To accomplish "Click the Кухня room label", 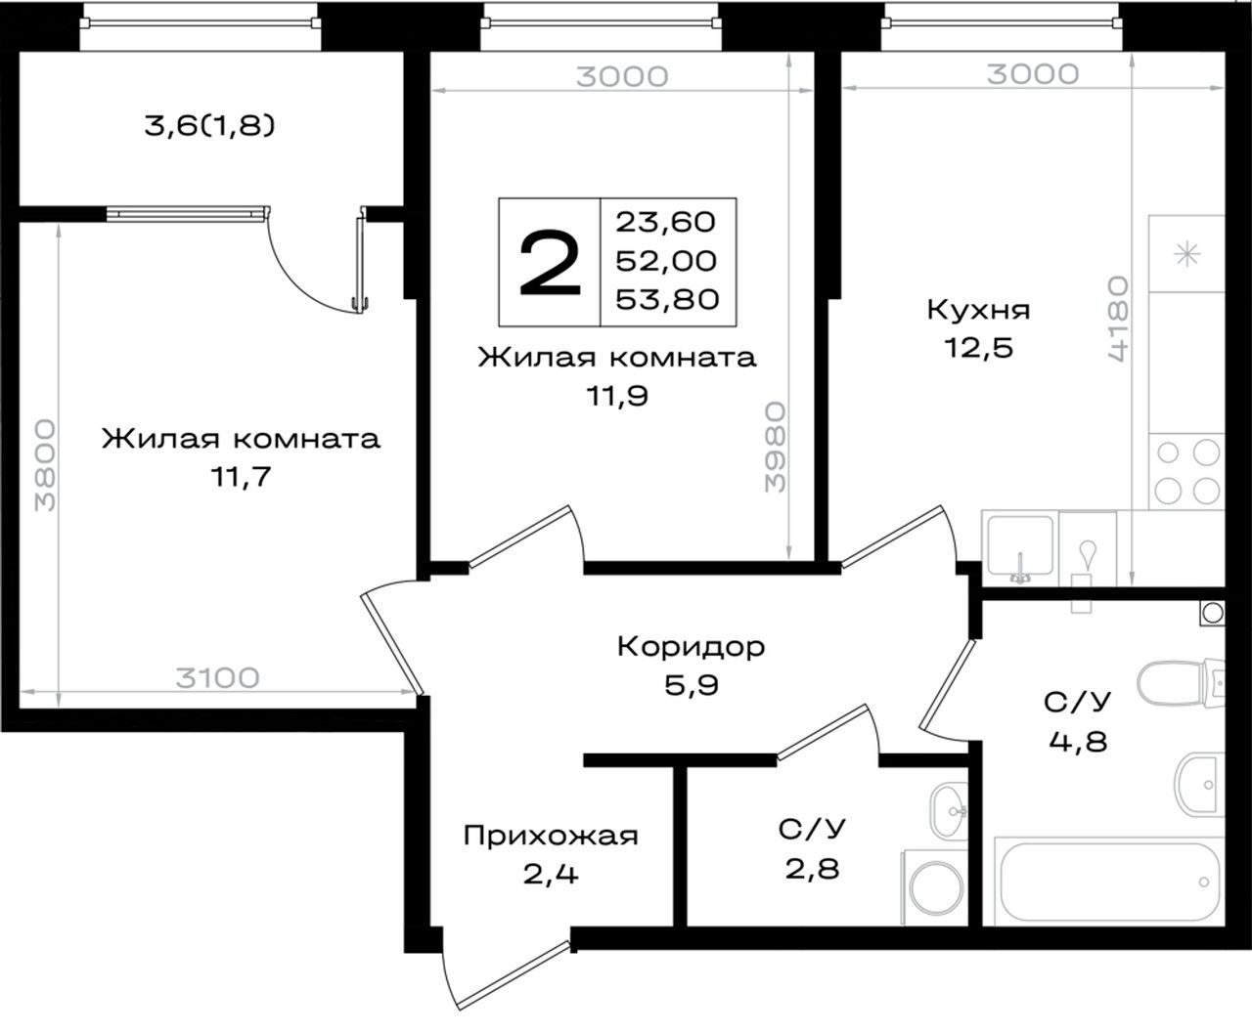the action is click(x=978, y=310).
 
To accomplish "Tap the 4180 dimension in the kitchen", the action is click(x=1118, y=318).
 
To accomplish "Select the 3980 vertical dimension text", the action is click(x=775, y=447).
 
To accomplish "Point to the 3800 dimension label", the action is click(x=44, y=465).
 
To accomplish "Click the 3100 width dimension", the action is click(x=218, y=678).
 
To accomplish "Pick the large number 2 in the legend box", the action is click(x=550, y=264).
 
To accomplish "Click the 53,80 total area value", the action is click(x=667, y=299).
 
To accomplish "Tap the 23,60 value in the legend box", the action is click(x=666, y=222).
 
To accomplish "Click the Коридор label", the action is click(x=691, y=647).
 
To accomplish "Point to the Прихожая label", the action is click(x=551, y=836).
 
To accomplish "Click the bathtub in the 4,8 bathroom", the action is click(x=1108, y=882).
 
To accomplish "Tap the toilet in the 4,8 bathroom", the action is click(x=1180, y=683).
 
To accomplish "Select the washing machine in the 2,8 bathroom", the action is click(x=935, y=887).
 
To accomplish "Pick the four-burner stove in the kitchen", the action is click(x=1186, y=472).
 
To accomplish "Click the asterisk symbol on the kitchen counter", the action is click(x=1187, y=256).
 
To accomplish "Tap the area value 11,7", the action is click(x=241, y=477).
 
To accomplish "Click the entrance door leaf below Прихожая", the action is click(x=514, y=975).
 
